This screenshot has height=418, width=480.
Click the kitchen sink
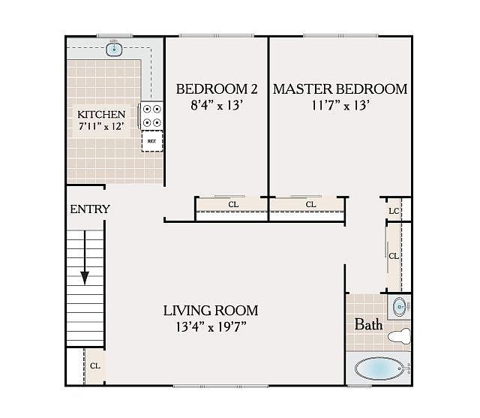[114, 50]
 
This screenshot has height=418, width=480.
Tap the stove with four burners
[151, 116]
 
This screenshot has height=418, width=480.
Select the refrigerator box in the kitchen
[152, 141]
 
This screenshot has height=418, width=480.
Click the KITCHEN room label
[101, 115]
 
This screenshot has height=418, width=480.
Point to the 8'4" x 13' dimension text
[217, 105]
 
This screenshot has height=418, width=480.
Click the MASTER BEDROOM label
[340, 89]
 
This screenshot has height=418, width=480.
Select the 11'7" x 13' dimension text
[340, 105]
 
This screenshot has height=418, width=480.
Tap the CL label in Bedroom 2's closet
[233, 204]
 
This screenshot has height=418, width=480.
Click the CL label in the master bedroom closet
[310, 204]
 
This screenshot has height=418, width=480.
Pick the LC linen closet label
[394, 211]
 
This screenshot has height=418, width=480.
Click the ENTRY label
[90, 209]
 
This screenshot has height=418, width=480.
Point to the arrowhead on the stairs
[85, 278]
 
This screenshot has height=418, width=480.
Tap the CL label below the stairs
[95, 366]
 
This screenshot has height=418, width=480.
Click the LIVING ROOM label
[211, 311]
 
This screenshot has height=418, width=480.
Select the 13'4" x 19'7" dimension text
[211, 327]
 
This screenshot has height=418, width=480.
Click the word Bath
[368, 324]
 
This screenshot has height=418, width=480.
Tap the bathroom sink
[400, 306]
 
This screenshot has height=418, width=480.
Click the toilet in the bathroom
[399, 336]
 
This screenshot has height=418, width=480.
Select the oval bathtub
[379, 368]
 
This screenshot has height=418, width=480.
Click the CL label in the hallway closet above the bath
[393, 256]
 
